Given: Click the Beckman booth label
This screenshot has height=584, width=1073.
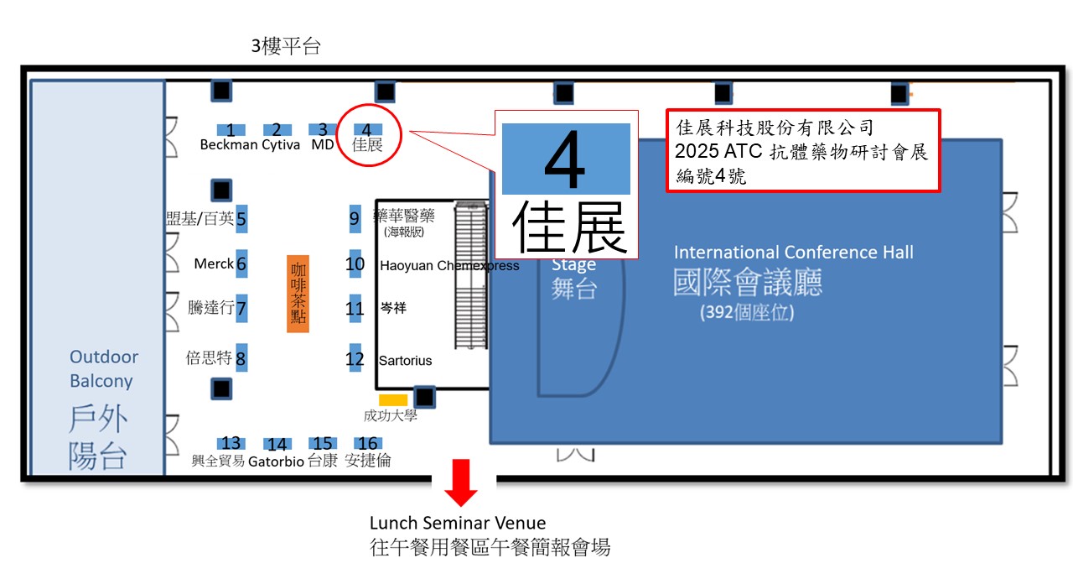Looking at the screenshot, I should click(x=228, y=145).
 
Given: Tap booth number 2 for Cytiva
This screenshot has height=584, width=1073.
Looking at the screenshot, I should click(x=277, y=130).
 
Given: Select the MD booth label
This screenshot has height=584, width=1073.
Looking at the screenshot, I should click(x=323, y=145).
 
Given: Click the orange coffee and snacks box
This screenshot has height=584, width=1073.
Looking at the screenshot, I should click(x=298, y=293).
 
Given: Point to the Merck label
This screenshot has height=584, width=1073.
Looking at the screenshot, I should click(x=214, y=264).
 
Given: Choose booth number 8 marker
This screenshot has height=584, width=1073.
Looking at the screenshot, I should click(x=241, y=359).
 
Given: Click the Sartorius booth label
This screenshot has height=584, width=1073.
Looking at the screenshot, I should click(x=406, y=361).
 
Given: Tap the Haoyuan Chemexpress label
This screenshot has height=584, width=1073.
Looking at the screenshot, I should click(x=449, y=266).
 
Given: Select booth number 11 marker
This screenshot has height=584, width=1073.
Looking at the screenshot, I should click(x=355, y=309).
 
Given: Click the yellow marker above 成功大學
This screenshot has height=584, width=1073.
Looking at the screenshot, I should click(x=392, y=400).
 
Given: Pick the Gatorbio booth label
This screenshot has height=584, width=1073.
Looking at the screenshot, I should click(x=276, y=461).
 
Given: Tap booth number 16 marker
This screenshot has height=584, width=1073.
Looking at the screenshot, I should click(x=367, y=444).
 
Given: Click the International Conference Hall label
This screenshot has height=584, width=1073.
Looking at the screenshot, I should click(x=793, y=253).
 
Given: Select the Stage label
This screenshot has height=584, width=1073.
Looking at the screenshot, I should click(x=573, y=265).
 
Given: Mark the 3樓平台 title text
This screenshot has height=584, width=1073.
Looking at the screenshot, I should click(x=286, y=47).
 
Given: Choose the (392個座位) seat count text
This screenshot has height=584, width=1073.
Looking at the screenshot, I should click(x=747, y=313).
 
